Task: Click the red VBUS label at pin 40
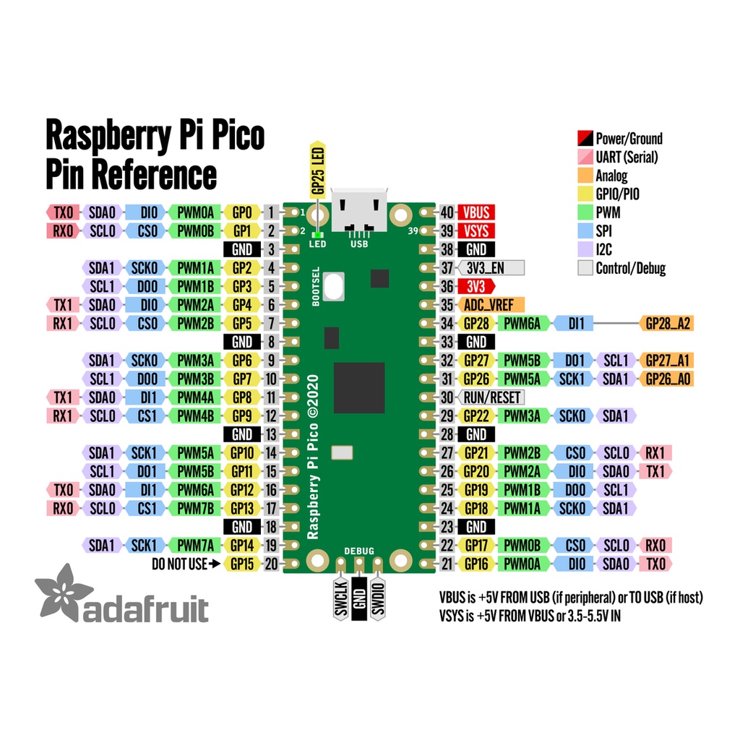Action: (x=476, y=212)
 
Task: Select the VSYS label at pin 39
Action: (x=476, y=231)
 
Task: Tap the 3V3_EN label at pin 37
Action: (x=491, y=268)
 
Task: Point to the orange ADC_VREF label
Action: (x=491, y=305)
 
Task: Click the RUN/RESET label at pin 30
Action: (x=491, y=397)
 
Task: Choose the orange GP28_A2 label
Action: (x=666, y=323)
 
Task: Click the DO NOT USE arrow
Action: (x=214, y=564)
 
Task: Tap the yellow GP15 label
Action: (x=242, y=564)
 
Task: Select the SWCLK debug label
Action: (x=341, y=598)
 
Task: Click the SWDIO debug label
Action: (x=377, y=598)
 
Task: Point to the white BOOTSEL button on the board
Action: (x=334, y=286)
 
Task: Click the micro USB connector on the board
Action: (x=359, y=210)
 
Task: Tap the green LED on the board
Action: (x=318, y=235)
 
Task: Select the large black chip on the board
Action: (x=359, y=388)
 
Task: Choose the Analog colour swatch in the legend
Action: (x=585, y=176)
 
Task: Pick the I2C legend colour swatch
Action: (x=585, y=249)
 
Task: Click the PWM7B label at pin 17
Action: (x=195, y=508)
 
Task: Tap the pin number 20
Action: (x=271, y=564)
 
